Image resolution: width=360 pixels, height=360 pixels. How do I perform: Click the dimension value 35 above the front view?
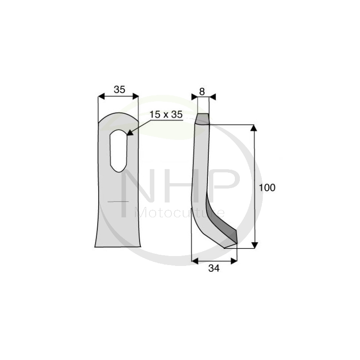tap(119, 90)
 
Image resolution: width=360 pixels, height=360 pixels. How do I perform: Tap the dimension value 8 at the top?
tap(202, 91)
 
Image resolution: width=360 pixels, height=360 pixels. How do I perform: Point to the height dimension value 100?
tap(267, 187)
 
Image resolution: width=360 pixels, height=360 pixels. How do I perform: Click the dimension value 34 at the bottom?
tap(214, 269)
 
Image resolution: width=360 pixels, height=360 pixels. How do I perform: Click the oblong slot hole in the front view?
tap(118, 150)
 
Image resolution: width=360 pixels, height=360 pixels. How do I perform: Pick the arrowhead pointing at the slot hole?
tap(130, 132)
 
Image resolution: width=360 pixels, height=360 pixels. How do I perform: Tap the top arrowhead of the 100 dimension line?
tap(254, 129)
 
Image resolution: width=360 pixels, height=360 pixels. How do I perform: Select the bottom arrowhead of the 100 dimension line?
tap(254, 244)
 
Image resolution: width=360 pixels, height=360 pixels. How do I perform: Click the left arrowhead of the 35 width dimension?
tap(101, 96)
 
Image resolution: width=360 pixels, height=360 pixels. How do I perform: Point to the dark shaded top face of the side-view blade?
tap(202, 118)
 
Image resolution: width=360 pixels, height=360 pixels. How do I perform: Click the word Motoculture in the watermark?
tap(180, 212)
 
